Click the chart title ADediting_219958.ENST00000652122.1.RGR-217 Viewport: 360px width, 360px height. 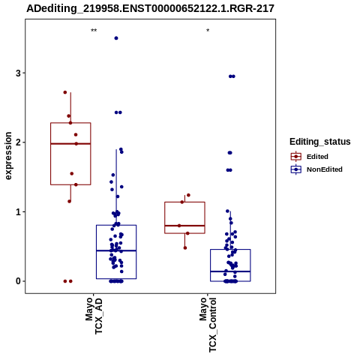pos(150,9)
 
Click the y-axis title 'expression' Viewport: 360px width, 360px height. pos(8,156)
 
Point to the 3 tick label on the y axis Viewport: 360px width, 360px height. pos(18,73)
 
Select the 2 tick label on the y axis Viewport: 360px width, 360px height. pos(18,142)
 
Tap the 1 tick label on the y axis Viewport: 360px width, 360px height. pos(18,212)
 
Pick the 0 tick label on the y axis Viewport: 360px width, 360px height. pos(18,281)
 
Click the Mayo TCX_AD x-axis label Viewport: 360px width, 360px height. pos(94,316)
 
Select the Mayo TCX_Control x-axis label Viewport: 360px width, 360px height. pos(208,325)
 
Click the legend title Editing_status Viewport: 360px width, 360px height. pos(320,142)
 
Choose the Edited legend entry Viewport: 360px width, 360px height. pos(310,157)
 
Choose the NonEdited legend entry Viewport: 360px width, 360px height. pos(316,169)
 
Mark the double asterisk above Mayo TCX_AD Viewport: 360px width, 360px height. pos(94,31)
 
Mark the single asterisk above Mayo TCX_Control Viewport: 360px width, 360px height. pos(208,31)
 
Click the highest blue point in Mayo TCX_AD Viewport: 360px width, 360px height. pos(116,38)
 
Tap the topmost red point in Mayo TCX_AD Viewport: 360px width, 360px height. pos(65,92)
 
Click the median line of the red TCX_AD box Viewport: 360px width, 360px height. pos(70,144)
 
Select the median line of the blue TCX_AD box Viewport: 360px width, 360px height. pos(116,250)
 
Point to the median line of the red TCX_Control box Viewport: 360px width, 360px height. pos(184,226)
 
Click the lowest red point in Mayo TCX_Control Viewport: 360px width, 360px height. pos(185,248)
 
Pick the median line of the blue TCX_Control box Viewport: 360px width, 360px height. pos(230,271)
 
